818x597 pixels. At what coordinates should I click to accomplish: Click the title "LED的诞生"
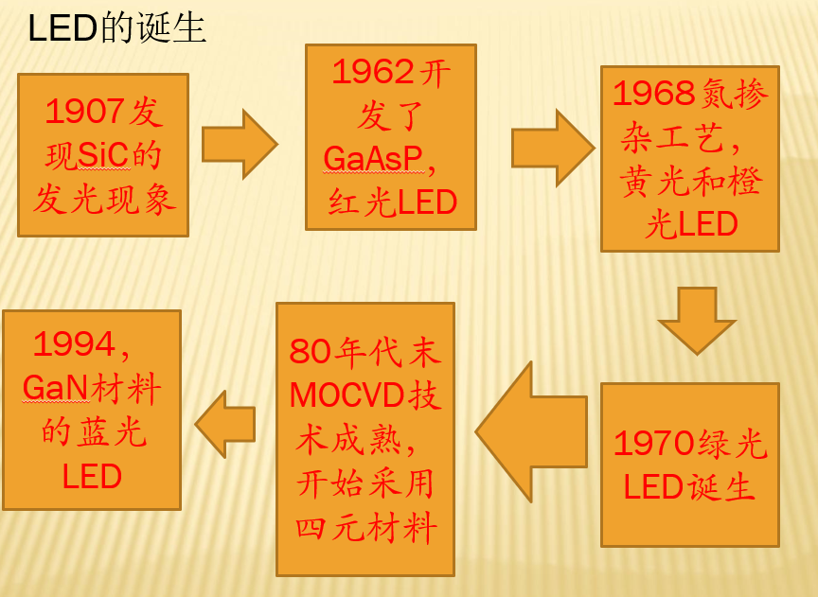click(x=116, y=28)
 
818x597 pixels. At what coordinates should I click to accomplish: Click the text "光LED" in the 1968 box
click(x=690, y=224)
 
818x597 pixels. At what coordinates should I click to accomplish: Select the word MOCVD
click(x=346, y=394)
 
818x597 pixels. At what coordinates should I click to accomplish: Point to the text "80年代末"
click(x=365, y=352)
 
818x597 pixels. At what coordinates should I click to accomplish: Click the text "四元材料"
click(x=365, y=527)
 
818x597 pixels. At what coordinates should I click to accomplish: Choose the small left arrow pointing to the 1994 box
click(x=227, y=424)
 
